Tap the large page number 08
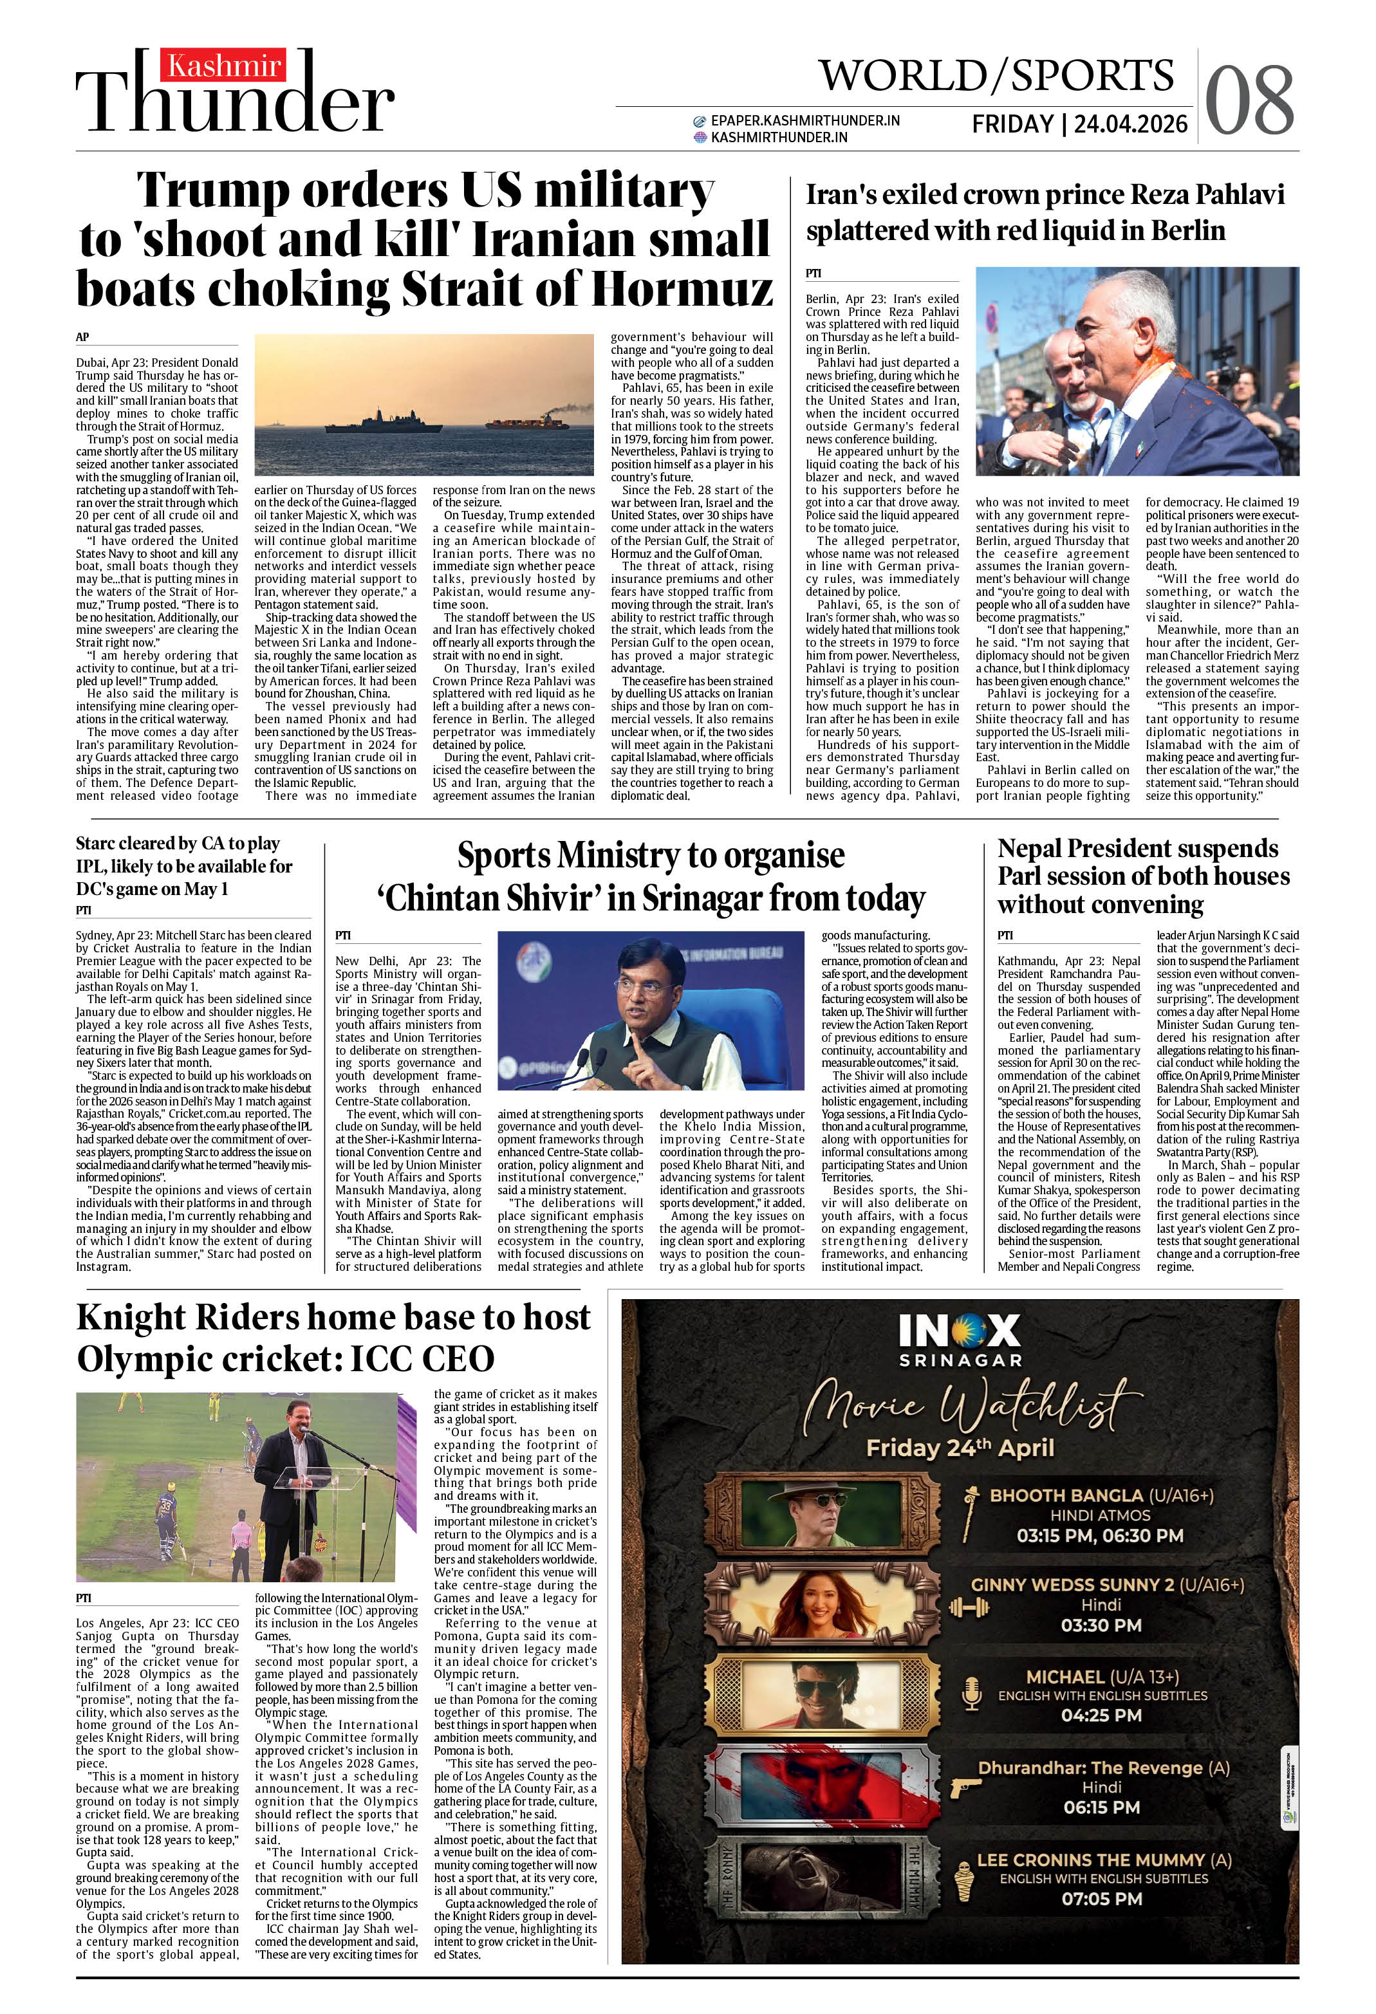click(1249, 100)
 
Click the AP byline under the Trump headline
click(82, 337)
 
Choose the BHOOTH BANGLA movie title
click(1066, 1495)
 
